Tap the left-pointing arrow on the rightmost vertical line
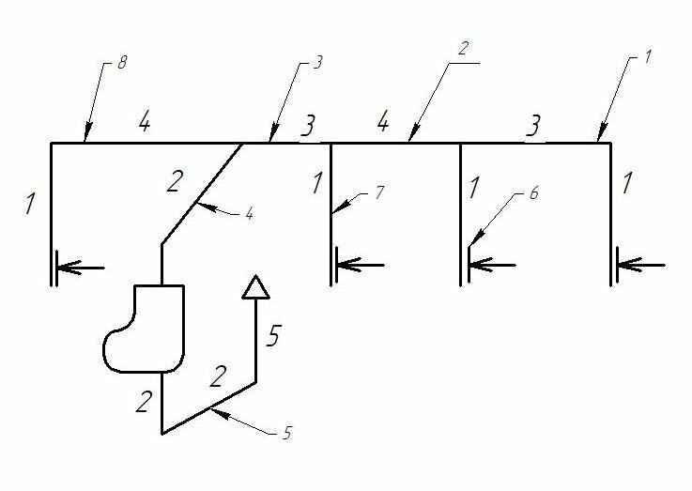pyautogui.click(x=638, y=267)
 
